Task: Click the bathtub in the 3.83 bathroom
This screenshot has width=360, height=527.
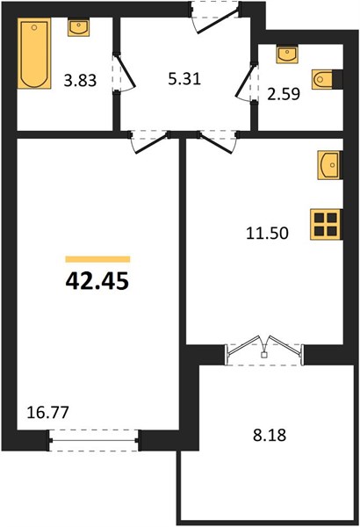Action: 35,54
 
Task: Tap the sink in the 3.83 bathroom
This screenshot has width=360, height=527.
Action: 79,28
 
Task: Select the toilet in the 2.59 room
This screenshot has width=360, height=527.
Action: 324,80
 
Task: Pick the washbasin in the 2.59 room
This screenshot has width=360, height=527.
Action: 287,54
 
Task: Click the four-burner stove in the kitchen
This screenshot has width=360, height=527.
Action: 326,225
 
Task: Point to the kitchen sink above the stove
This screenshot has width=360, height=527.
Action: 329,165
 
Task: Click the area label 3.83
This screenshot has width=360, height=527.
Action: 80,81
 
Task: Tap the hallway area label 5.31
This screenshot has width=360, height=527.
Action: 184,79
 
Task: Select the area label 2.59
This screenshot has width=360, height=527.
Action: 284,95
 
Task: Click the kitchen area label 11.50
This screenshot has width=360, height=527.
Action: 268,233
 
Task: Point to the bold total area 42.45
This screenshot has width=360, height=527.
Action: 97,281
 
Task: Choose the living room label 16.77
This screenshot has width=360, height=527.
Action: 47,413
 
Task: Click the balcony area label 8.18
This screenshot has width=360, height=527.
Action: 270,436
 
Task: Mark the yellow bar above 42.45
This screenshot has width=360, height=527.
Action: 97,259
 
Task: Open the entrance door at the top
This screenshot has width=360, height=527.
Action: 215,17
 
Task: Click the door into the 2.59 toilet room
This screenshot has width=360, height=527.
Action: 247,81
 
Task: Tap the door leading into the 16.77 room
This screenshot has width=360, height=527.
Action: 149,141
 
